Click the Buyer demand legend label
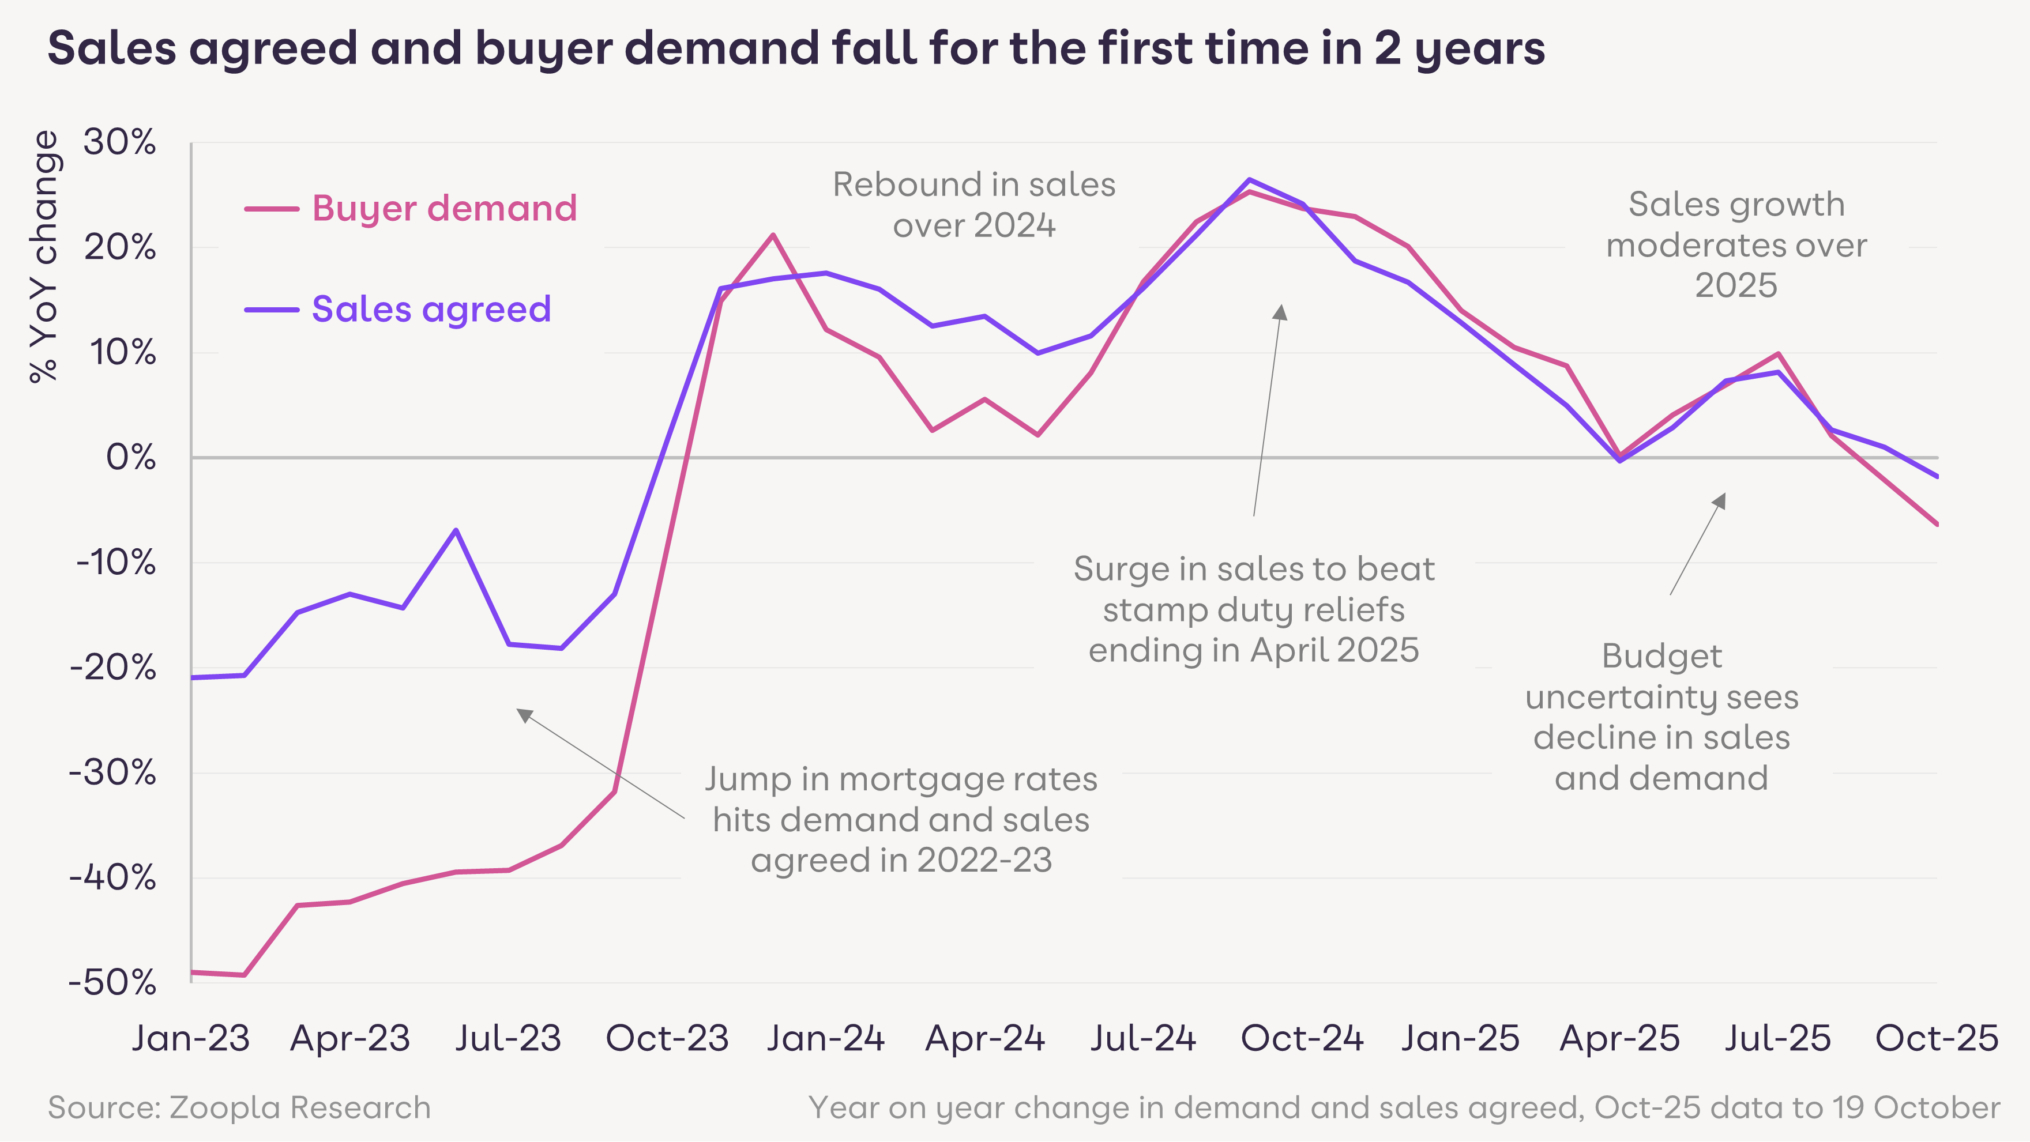(x=445, y=209)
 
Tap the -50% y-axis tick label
(x=112, y=983)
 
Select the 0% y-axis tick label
(x=131, y=458)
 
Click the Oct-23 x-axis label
(x=667, y=1038)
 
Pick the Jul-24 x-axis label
(x=1142, y=1038)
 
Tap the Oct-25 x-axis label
(x=1936, y=1038)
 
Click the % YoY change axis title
(x=45, y=257)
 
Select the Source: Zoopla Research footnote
(x=239, y=1107)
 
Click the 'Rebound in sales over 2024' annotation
(x=974, y=205)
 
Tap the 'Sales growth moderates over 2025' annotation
(x=1736, y=244)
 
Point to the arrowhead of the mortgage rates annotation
(x=522, y=714)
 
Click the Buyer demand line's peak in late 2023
(x=773, y=235)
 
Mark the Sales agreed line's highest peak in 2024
(x=1249, y=179)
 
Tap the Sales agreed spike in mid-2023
(x=456, y=529)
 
